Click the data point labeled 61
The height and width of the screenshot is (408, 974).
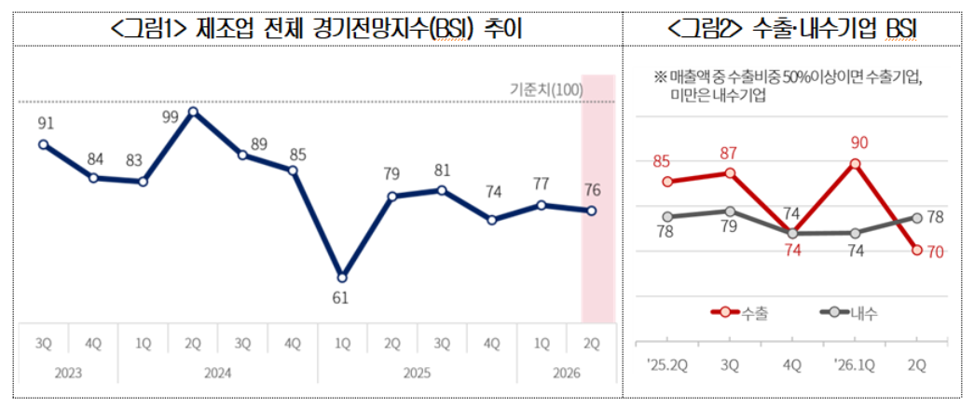[x=342, y=278]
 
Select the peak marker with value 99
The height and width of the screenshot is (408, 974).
[x=193, y=112]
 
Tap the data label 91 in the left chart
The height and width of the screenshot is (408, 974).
[x=45, y=123]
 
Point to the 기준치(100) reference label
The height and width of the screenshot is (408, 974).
[x=546, y=89]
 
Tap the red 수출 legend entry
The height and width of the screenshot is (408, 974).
[x=737, y=313]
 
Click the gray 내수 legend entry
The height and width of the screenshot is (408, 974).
[x=847, y=313]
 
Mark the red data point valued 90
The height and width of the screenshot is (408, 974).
[x=856, y=164]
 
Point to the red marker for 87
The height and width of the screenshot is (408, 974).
[x=730, y=172]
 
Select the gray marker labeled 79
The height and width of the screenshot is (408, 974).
[x=730, y=211]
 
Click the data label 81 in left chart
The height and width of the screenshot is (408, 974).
[x=442, y=170]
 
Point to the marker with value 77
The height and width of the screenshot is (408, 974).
[x=542, y=204]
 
